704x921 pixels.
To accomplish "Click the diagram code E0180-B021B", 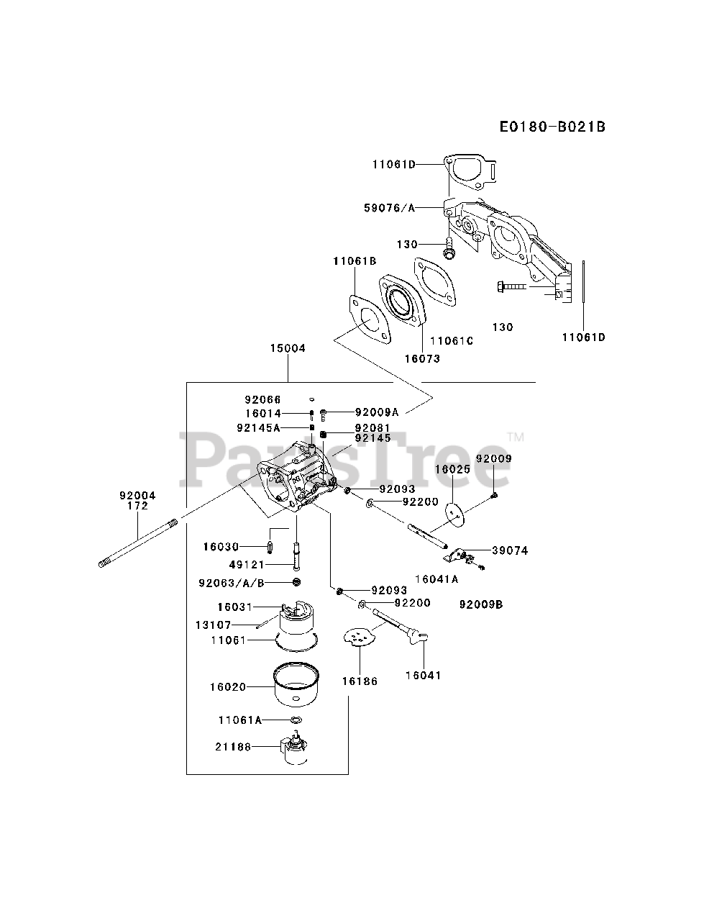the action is coord(552,127).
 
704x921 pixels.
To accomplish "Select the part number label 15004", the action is coord(288,348).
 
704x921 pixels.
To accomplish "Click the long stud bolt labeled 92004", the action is coord(138,543).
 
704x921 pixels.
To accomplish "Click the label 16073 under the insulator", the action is coord(422,359).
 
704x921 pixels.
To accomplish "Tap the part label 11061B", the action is coord(355,261).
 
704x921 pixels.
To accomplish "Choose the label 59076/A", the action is coord(390,208).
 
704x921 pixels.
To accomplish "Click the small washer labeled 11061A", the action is coord(296,720).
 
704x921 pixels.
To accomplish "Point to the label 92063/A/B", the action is coord(232,584).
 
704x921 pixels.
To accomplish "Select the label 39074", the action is coord(510,550).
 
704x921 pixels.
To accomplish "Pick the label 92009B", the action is coord(481,604).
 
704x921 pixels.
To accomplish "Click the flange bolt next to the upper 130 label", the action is coord(448,248).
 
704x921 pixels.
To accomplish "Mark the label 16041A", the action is coord(436,579).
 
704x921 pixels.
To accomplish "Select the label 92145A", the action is coord(259,427).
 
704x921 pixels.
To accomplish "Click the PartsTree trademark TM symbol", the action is coord(516,437).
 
